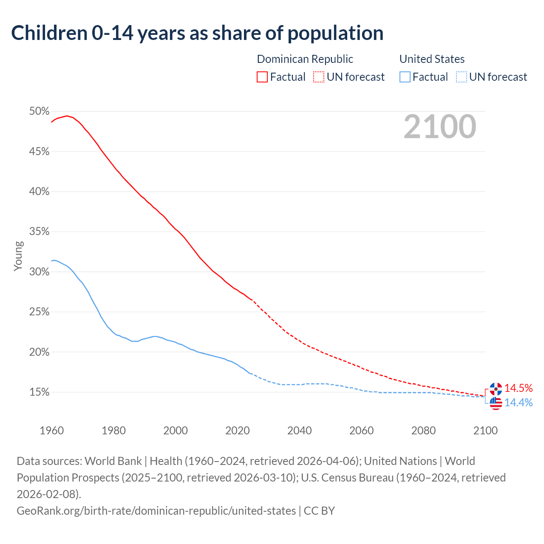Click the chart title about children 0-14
197,33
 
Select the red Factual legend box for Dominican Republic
262,77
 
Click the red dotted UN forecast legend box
319,77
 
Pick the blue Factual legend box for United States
405,77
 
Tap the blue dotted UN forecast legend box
462,77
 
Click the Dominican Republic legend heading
305,59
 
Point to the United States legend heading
432,59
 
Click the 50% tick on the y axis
39,111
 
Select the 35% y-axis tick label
39,232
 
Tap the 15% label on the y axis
39,392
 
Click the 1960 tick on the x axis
51,431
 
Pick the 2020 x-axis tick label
238,431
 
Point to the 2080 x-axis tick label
423,431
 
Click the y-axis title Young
18,256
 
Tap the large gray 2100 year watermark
439,127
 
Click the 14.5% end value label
518,388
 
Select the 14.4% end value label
518,402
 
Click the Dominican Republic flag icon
496,388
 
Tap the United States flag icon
496,403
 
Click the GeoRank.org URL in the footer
156,510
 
